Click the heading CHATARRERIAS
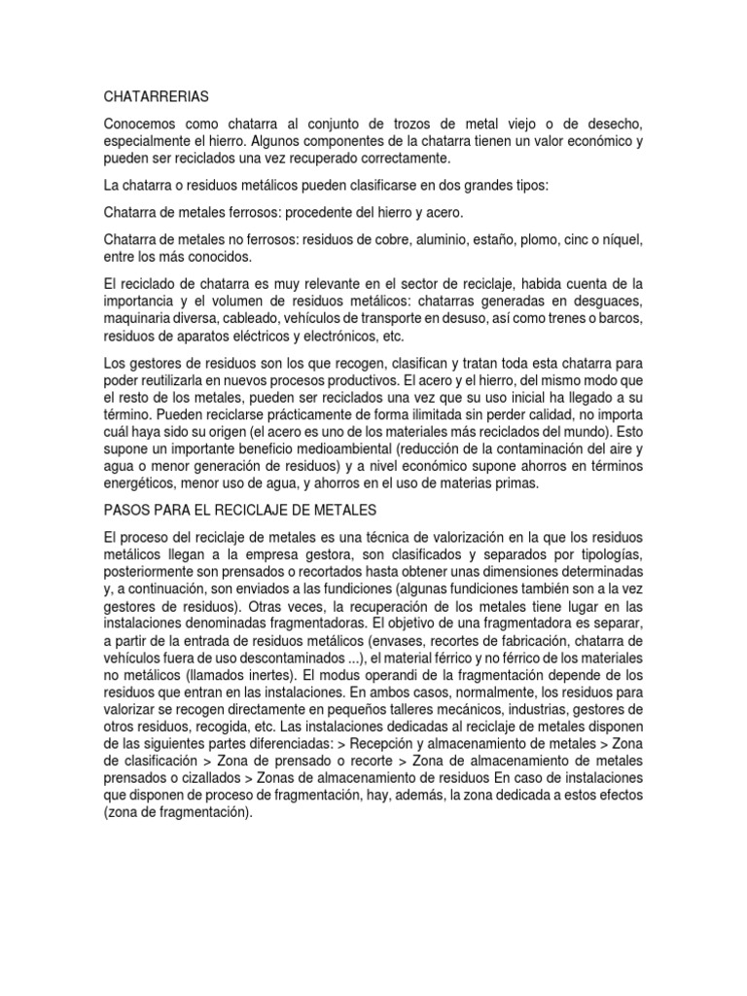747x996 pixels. [x=155, y=97]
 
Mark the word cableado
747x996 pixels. [x=264, y=318]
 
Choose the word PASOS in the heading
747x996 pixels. [x=125, y=510]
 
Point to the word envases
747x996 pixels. [x=405, y=642]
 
